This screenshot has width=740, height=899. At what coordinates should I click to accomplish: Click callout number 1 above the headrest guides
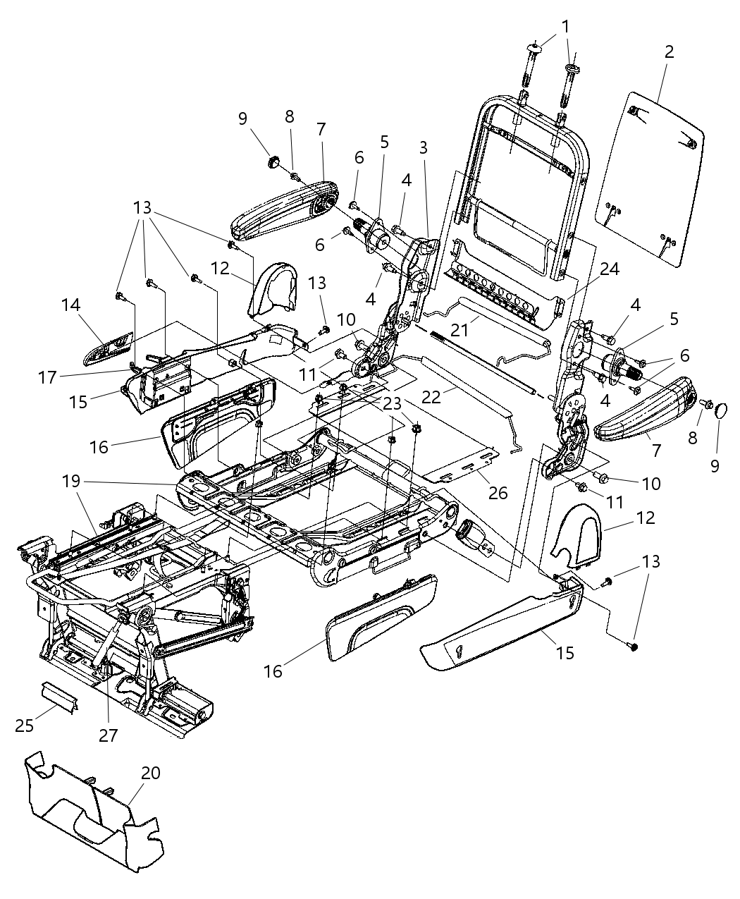565,25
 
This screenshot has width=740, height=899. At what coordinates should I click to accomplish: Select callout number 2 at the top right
669,51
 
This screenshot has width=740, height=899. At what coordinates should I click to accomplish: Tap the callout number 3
423,147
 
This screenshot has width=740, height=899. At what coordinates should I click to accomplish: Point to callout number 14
70,305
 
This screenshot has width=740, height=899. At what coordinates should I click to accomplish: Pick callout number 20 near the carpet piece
150,773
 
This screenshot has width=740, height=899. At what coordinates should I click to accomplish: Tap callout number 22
431,397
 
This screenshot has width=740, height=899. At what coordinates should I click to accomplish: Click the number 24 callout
610,268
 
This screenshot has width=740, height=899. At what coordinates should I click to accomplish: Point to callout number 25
25,725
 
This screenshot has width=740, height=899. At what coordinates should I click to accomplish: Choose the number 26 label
498,492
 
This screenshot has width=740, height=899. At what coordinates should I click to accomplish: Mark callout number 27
108,735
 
